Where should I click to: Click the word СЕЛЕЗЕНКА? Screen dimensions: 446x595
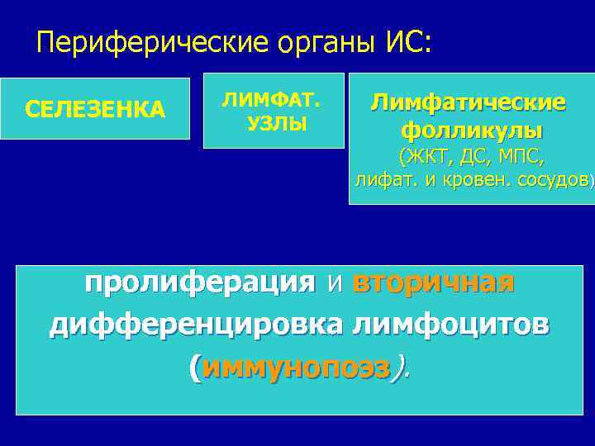click(95, 109)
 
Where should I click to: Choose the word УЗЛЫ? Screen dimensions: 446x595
click(276, 124)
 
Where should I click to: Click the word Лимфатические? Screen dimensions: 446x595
click(468, 102)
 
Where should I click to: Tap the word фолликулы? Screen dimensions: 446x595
click(471, 130)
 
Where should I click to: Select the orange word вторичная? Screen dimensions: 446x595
click(433, 282)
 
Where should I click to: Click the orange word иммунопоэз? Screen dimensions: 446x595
click(295, 368)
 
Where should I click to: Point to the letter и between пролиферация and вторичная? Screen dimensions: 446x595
click(335, 284)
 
